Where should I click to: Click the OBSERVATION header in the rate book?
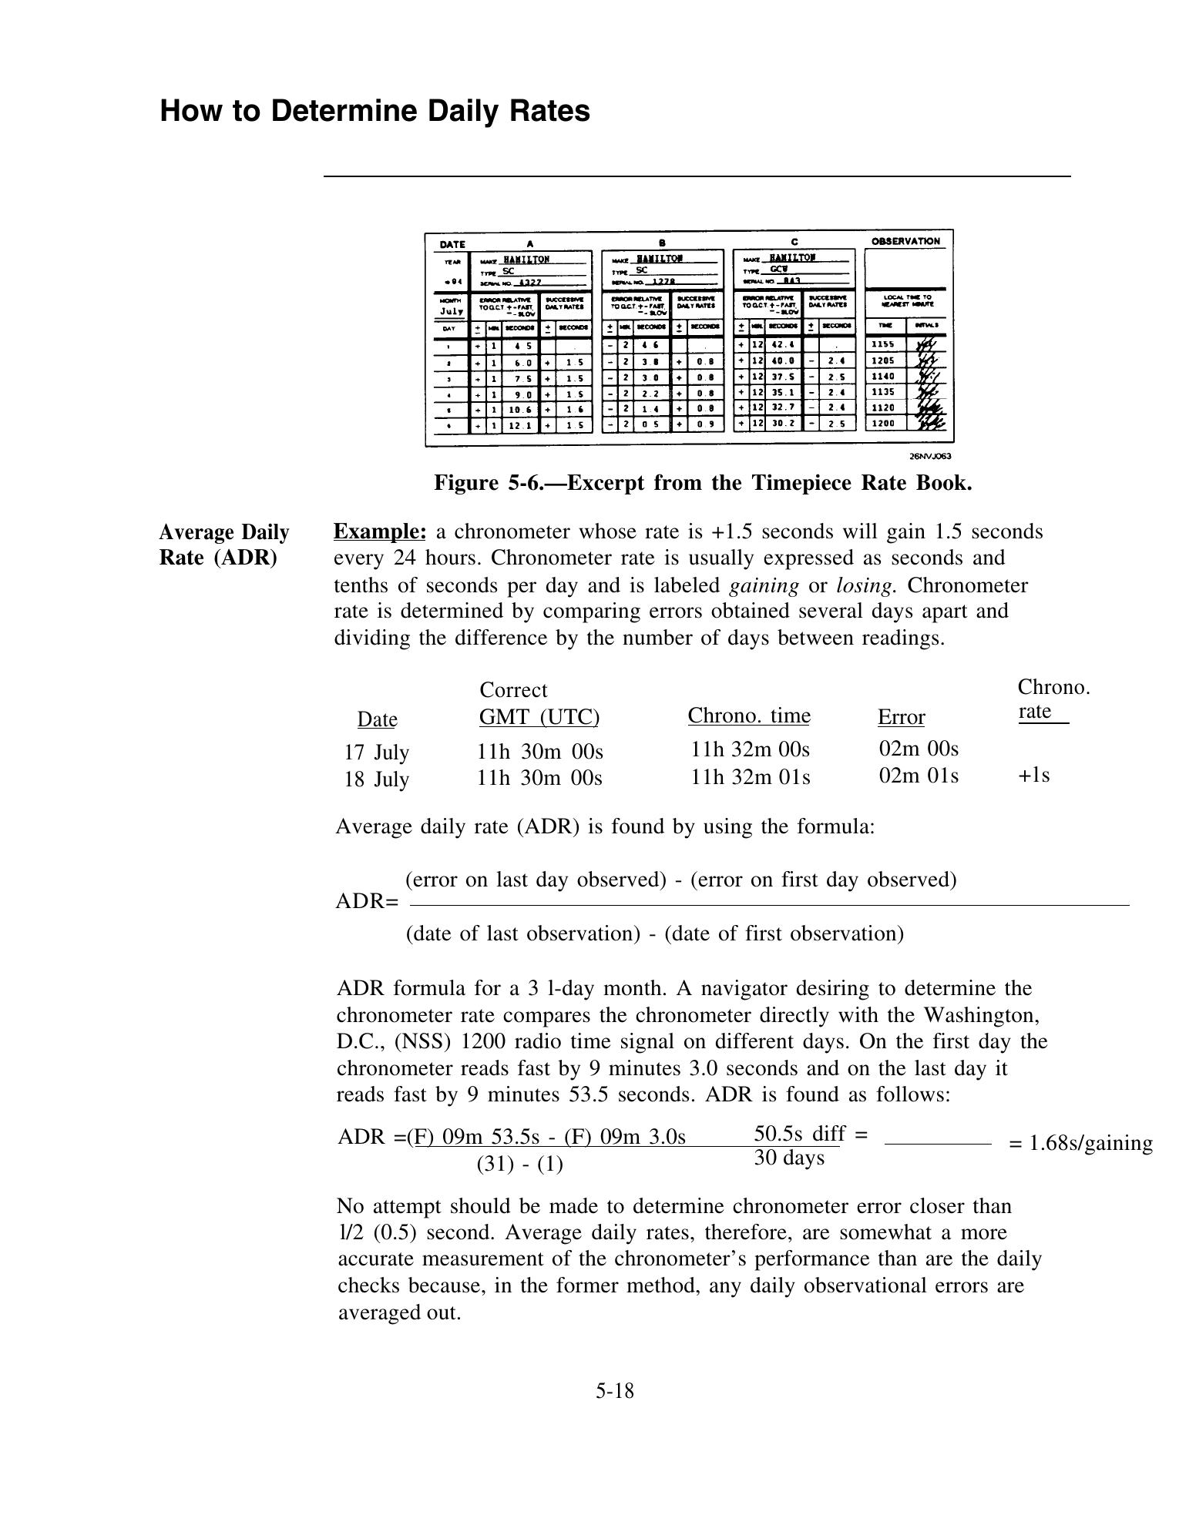point(905,241)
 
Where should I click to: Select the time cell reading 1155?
point(883,345)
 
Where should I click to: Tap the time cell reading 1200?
point(883,424)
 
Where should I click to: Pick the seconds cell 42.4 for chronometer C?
point(783,345)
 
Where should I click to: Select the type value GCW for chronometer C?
point(778,270)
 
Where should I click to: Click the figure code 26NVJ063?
point(930,456)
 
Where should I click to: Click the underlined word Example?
point(379,531)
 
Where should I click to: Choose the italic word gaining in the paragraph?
point(764,585)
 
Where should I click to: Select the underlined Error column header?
point(901,717)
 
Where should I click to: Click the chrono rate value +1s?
point(1033,775)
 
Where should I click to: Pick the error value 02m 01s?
point(919,775)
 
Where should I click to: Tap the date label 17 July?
point(376,752)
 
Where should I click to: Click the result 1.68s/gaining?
point(1080,1143)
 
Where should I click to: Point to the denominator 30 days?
point(788,1158)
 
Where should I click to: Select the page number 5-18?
point(614,1390)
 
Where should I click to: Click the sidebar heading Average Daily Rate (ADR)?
point(224,545)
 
